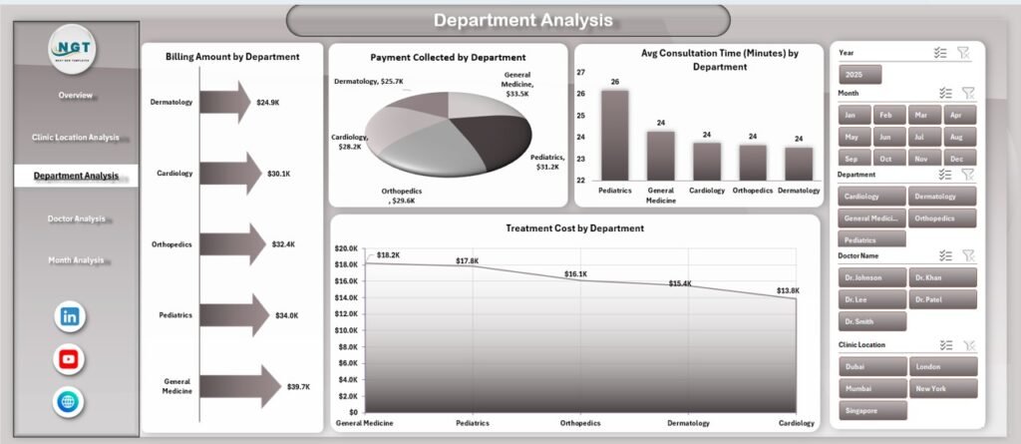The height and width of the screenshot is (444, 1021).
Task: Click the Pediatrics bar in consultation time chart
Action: (x=615, y=133)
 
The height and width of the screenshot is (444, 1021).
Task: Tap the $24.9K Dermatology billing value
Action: (x=267, y=103)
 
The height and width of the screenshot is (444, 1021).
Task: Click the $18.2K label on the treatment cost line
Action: (x=388, y=255)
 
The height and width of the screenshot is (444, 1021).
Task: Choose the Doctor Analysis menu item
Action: (x=76, y=219)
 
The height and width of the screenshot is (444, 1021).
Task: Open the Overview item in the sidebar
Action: (x=76, y=96)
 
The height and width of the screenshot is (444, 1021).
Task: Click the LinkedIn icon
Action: (x=70, y=316)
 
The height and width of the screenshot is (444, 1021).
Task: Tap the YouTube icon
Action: (x=70, y=359)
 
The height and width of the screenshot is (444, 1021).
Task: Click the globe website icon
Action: (x=70, y=401)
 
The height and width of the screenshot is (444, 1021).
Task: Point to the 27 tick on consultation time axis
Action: (x=581, y=73)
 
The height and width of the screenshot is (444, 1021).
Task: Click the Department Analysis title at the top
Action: (x=509, y=21)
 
